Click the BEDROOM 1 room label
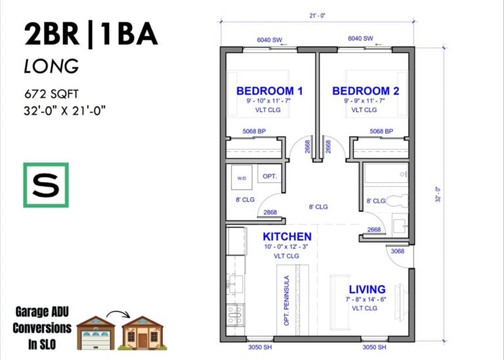[269, 90]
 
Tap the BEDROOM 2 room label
[365, 90]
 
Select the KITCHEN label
[287, 236]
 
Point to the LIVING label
[367, 289]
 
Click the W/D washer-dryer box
[241, 178]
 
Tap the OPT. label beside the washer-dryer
[270, 177]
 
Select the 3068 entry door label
[398, 250]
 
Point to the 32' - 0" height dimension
[438, 195]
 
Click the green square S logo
[46, 186]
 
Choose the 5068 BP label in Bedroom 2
[381, 131]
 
